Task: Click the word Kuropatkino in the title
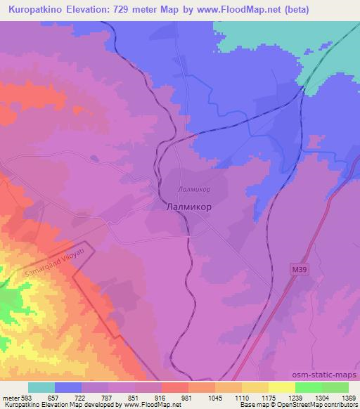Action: pos(32,9)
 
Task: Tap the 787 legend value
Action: pos(106,397)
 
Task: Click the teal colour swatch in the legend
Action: pos(41,387)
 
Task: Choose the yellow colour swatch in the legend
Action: pos(282,387)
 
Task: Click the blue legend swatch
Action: pos(68,387)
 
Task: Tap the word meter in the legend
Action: pos(11,397)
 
